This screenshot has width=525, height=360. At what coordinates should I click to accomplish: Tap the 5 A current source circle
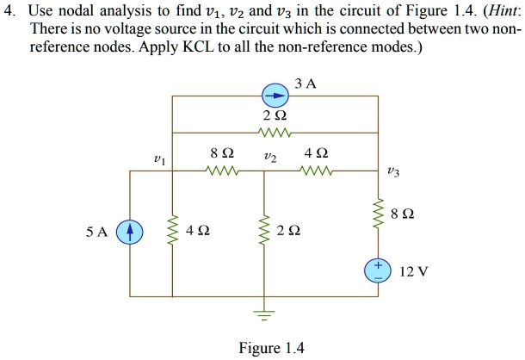point(130,231)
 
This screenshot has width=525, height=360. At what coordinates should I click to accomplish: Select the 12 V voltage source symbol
point(377,269)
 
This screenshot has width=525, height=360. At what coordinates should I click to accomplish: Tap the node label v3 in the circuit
point(393,171)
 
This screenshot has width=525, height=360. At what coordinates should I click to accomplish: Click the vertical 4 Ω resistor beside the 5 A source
point(173,231)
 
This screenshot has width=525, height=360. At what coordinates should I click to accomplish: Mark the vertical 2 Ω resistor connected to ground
point(264,231)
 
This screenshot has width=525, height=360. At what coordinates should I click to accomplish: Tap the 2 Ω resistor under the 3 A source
point(273,132)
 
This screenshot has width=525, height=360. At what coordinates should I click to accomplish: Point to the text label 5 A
point(97,231)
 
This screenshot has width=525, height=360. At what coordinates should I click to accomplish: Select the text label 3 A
point(305,84)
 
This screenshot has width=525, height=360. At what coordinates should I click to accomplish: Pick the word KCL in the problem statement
point(204,47)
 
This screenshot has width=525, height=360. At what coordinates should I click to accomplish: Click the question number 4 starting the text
point(8,11)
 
